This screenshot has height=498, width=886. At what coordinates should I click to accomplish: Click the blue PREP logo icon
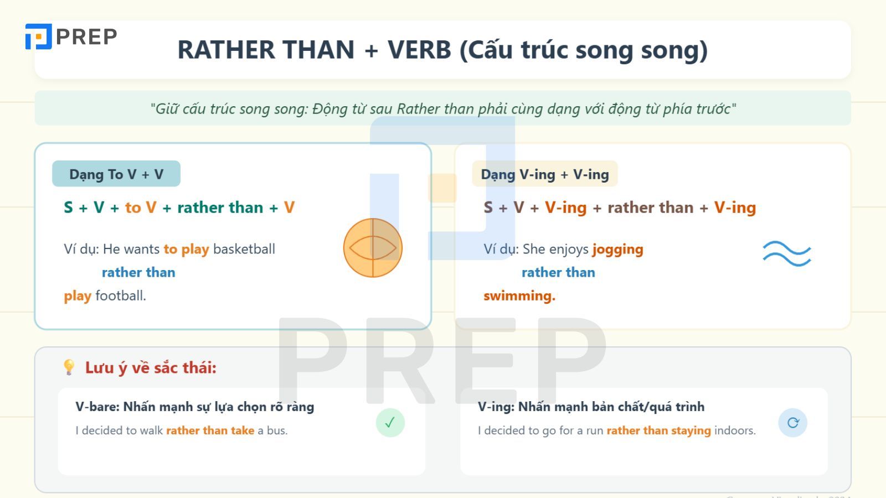[x=38, y=37]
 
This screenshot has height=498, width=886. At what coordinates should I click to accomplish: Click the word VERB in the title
[x=419, y=50]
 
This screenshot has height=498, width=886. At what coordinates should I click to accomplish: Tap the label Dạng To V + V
[x=116, y=174]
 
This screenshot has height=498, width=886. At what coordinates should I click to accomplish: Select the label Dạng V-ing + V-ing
[x=545, y=174]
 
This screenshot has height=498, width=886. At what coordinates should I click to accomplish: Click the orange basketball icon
[x=373, y=248]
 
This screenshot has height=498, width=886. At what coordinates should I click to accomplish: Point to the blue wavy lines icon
[x=787, y=254]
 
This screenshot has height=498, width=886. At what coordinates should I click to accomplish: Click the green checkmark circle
[x=390, y=423]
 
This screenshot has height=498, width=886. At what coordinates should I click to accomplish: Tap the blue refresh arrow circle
[x=792, y=423]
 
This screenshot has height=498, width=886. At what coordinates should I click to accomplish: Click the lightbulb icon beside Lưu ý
[x=69, y=367]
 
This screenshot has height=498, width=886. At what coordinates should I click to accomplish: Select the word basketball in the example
[x=244, y=249]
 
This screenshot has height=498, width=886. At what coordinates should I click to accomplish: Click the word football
[x=121, y=295]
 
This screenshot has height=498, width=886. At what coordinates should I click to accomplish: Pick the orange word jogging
[x=617, y=250]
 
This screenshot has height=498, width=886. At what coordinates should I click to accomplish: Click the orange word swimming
[x=519, y=296]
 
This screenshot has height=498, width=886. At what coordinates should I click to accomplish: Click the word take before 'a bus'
[x=243, y=430]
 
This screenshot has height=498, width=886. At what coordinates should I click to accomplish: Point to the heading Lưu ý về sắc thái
[x=151, y=367]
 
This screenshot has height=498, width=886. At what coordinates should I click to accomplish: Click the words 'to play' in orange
[x=186, y=250]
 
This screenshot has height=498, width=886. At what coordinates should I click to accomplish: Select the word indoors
[x=735, y=430]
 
